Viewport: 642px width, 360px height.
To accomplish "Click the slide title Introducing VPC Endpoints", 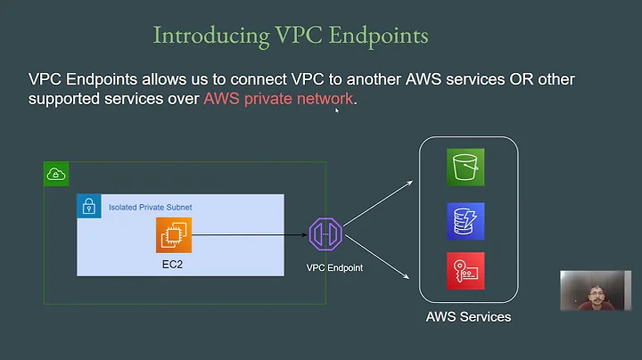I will click(291, 36).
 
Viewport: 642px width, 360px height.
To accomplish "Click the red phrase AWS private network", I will click(279, 99).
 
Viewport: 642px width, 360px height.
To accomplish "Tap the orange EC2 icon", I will click(174, 235).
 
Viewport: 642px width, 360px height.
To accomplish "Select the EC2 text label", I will click(174, 265).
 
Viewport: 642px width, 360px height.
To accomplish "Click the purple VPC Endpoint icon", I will click(325, 235).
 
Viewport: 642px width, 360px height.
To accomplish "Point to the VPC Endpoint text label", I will click(334, 267).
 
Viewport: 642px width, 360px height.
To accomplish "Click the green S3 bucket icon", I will click(465, 167).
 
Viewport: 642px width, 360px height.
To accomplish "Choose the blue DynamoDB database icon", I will click(465, 221).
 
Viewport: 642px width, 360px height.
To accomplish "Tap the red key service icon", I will click(465, 271).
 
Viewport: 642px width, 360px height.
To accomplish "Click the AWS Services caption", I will click(468, 316).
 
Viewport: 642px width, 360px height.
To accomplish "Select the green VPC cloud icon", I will click(55, 176).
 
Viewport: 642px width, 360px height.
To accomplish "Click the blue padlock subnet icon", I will click(88, 207).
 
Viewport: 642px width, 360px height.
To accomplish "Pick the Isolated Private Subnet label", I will click(150, 207).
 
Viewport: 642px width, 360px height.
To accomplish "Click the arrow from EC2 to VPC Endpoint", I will click(250, 235).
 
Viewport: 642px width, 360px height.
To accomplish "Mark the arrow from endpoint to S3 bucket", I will click(379, 201).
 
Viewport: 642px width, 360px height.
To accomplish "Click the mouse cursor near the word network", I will click(336, 110).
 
